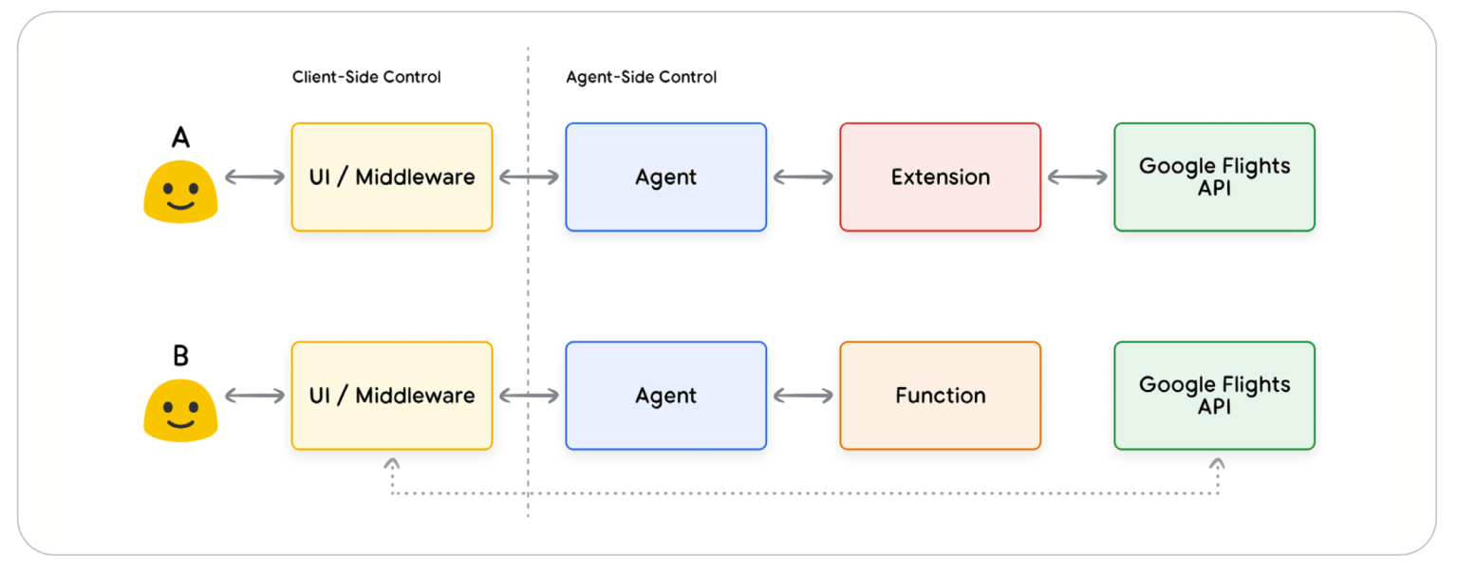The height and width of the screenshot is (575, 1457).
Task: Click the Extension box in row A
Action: point(940,176)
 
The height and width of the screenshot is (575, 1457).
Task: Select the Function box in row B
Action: point(940,396)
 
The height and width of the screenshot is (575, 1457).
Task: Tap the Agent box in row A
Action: point(666,176)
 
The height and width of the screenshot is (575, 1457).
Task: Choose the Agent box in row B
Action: point(666,396)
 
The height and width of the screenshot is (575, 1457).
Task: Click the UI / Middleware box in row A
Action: point(392,176)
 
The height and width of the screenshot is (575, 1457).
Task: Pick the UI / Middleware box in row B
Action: point(392,396)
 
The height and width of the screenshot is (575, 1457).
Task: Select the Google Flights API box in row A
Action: point(1214,176)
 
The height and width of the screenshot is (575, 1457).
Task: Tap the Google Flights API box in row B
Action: point(1214,396)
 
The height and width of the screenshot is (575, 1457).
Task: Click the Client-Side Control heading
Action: point(366,77)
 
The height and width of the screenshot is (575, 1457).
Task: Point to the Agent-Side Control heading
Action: point(642,77)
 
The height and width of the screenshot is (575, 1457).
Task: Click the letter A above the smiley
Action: point(181,138)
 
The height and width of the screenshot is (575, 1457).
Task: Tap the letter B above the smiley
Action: point(181,356)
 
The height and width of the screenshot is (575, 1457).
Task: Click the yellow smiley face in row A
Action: point(181,192)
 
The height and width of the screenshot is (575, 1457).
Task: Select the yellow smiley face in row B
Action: point(181,411)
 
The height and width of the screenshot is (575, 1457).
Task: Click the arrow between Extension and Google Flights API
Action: point(1077,176)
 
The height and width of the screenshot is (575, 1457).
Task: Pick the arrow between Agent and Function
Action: point(803,396)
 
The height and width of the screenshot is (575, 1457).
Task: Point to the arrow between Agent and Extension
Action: point(803,176)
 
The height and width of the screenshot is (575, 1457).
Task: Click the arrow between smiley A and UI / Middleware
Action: point(255,176)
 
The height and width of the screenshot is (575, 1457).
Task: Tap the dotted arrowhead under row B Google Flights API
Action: point(1217,463)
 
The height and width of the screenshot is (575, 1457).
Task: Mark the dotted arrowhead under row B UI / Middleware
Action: point(392,463)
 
